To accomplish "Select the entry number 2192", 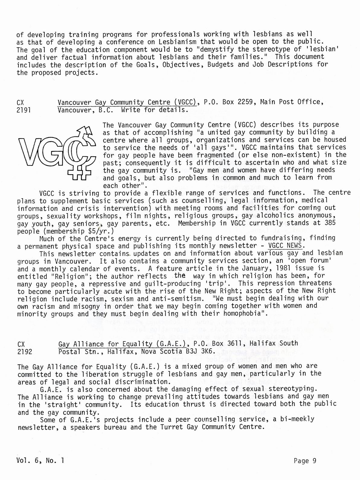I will (25, 352).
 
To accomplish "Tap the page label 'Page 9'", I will (305, 460).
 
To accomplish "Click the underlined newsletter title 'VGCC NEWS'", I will (287, 245).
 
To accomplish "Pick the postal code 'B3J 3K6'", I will (199, 352).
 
